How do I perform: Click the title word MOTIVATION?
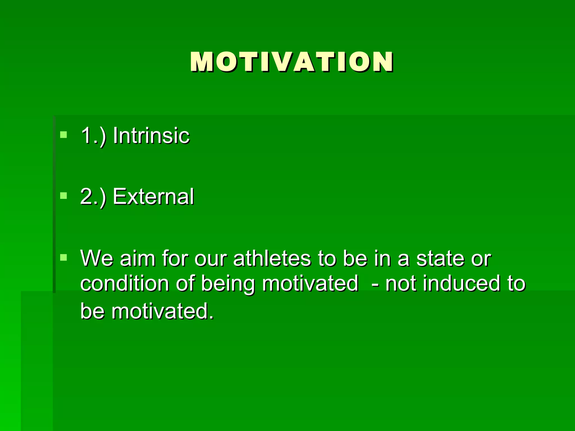click(291, 62)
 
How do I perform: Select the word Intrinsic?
click(151, 136)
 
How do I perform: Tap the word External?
click(153, 196)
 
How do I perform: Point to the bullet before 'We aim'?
click(64, 257)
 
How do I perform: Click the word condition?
click(124, 283)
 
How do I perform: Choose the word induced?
click(461, 283)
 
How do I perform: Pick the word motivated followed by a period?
click(162, 311)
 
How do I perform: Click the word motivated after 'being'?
click(310, 283)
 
